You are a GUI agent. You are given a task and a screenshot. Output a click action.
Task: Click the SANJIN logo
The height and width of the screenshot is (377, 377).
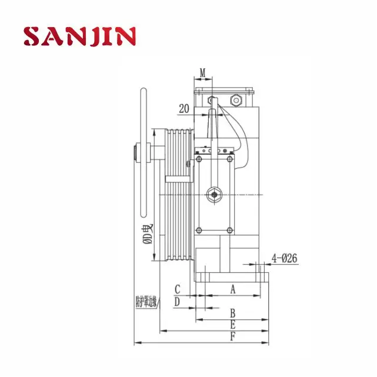tap(80, 36)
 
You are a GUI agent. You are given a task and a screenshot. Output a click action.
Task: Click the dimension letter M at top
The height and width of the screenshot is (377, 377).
tap(203, 74)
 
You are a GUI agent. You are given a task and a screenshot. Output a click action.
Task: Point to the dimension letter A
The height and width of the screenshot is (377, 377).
tap(232, 289)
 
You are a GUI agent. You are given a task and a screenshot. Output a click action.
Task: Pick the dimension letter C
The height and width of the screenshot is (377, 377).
tap(177, 289)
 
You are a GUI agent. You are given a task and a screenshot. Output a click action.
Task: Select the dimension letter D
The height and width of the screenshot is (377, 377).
tap(177, 301)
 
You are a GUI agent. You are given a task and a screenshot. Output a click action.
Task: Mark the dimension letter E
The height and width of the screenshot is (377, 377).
tap(232, 324)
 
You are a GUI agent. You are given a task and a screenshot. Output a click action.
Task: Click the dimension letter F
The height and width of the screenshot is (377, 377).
tap(232, 337)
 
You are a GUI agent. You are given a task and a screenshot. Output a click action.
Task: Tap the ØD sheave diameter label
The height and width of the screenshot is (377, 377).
tap(149, 235)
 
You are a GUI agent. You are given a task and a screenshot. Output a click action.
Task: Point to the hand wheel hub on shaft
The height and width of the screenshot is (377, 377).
tap(139, 156)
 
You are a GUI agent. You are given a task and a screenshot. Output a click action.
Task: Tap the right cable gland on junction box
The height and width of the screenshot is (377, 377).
tap(238, 101)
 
